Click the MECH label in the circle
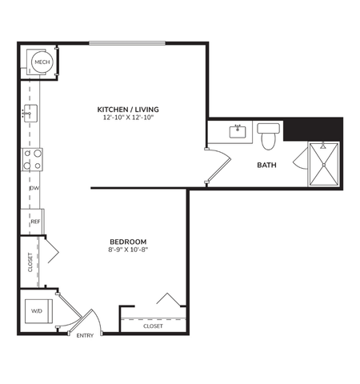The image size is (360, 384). (41, 61)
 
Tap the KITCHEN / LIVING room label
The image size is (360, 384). (126, 109)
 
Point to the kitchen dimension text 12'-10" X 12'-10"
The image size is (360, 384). (126, 118)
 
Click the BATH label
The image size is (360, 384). (266, 166)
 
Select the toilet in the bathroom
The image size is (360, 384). (268, 136)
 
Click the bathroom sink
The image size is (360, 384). (238, 131)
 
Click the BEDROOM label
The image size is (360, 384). (128, 241)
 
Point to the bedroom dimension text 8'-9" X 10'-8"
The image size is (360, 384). (128, 250)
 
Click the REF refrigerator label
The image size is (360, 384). (35, 221)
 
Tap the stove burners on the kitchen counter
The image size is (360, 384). (31, 160)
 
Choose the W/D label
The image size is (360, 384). (36, 310)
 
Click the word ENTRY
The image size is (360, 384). (85, 335)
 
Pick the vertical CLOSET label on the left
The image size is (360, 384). (30, 262)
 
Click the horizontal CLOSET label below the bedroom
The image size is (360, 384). (153, 326)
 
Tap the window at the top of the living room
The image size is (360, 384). (128, 43)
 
